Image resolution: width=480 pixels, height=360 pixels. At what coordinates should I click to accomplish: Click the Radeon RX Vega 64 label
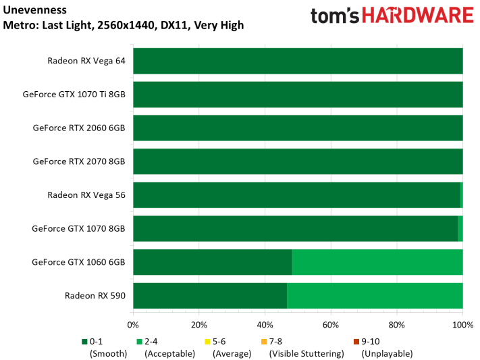pyautogui.click(x=86, y=60)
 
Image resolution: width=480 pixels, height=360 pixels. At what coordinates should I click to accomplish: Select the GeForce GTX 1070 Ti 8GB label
pyautogui.click(x=74, y=94)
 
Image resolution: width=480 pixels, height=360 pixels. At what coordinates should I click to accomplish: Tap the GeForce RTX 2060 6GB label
pyautogui.click(x=79, y=128)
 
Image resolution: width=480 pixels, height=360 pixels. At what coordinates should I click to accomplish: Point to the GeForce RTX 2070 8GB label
pyautogui.click(x=79, y=161)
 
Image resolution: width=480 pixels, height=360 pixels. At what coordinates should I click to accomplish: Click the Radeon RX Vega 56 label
pyautogui.click(x=86, y=195)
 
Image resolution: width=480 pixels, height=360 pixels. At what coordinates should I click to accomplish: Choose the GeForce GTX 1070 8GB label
pyautogui.click(x=78, y=228)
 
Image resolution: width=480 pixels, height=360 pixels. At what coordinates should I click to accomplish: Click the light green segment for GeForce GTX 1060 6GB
pyautogui.click(x=377, y=262)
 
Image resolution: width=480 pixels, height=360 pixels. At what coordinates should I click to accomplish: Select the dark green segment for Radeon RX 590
pyautogui.click(x=210, y=295)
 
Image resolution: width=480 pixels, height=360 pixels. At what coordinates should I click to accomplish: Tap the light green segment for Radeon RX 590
pyautogui.click(x=375, y=295)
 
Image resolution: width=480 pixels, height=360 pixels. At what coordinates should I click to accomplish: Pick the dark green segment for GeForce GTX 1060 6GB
pyautogui.click(x=213, y=262)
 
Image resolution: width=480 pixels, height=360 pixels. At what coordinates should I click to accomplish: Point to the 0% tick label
pyautogui.click(x=133, y=324)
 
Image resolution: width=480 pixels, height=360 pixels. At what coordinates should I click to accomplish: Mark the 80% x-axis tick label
pyautogui.click(x=397, y=324)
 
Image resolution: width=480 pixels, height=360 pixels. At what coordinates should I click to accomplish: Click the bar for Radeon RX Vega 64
pyautogui.click(x=298, y=60)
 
